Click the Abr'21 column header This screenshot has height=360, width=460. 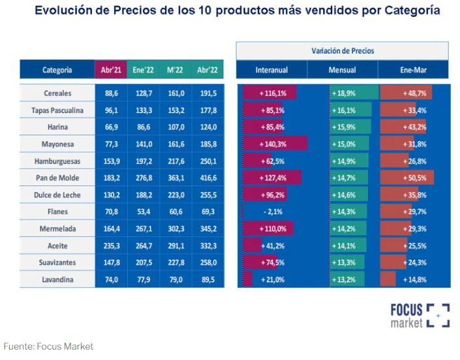[109, 70]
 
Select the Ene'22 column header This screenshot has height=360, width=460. [142, 70]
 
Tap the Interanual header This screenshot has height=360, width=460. [271, 70]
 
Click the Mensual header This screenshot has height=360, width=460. [343, 70]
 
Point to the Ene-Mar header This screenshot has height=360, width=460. [413, 70]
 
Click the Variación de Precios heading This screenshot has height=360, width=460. [343, 50]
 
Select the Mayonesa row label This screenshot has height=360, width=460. [57, 143]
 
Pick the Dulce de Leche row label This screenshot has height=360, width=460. [57, 194]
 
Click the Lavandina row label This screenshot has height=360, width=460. [57, 279]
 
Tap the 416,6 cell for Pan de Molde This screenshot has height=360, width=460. [207, 177]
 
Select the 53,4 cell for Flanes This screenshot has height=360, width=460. [142, 211]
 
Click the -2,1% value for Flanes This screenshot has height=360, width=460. [270, 211]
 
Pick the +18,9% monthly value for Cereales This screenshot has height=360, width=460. [344, 93]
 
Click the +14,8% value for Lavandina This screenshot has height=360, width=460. [415, 279]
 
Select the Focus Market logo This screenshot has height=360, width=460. [420, 315]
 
